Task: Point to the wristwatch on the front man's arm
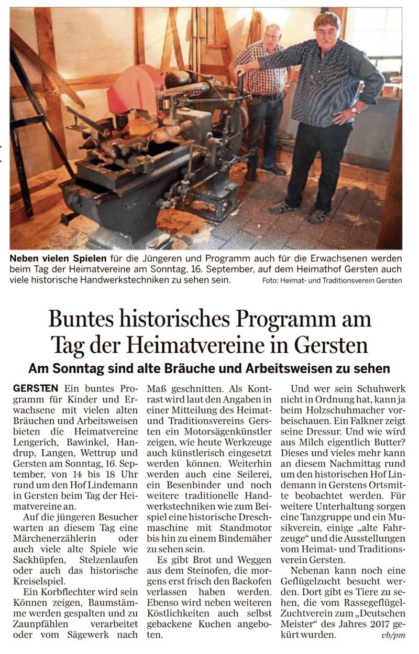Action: click(355, 110)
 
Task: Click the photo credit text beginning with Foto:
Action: click(333, 280)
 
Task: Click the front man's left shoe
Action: click(319, 215)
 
